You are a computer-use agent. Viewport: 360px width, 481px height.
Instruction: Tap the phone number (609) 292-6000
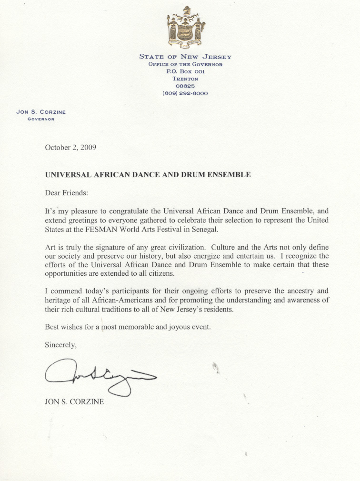[185, 93]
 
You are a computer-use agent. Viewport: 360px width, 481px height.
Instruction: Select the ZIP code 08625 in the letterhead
[185, 86]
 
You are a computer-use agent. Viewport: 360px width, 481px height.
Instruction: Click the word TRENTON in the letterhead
[185, 79]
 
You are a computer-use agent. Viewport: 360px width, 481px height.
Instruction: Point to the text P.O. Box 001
[185, 71]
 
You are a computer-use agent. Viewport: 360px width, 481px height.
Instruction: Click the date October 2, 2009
[70, 147]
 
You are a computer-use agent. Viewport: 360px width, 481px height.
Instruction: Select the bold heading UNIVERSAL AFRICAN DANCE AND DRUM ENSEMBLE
[148, 175]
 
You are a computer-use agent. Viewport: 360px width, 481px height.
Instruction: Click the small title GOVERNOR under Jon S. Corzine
[41, 119]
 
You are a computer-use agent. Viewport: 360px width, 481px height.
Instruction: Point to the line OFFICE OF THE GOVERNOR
[185, 64]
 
